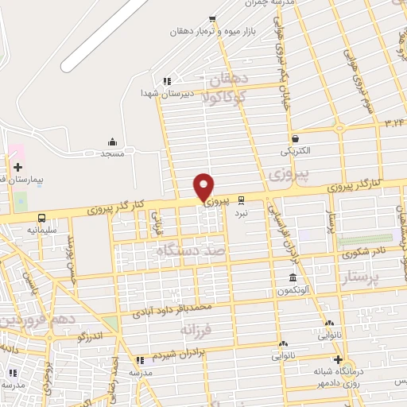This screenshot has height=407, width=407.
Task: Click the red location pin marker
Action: click(204, 187)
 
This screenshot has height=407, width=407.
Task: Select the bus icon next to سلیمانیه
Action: click(41, 218)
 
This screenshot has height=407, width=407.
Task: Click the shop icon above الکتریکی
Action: click(295, 138)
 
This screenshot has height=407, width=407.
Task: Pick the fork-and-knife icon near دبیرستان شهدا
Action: click(166, 80)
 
